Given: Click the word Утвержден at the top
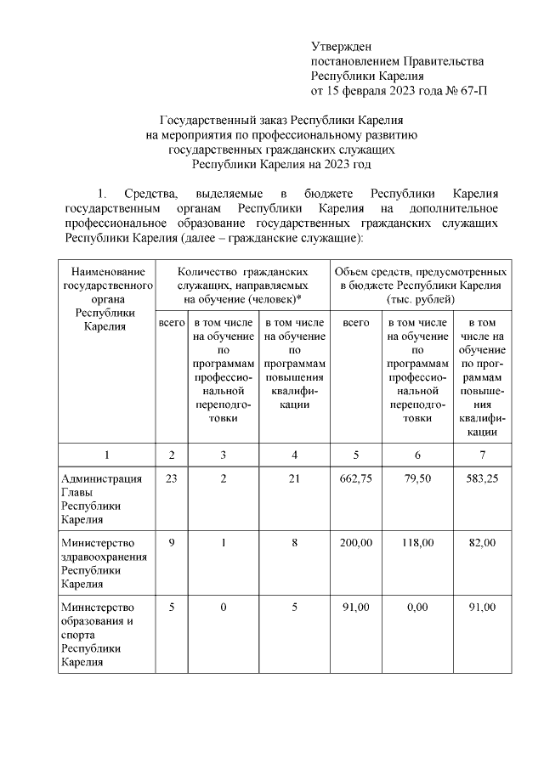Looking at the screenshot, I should coord(342,46).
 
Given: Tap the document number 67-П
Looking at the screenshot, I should coord(472,90).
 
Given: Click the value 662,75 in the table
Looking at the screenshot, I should coord(355,478).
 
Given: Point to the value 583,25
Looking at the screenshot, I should coord(483,478).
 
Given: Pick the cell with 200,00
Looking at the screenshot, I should coord(355,542).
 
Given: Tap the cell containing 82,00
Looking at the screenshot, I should coord(483,542).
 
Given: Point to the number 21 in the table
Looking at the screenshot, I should coord(294,478).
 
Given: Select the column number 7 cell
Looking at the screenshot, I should coord(483,455).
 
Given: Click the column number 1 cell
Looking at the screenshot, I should coord(105,455).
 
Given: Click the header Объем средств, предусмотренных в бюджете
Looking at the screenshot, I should coord(421,285).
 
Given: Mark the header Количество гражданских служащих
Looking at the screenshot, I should coord(243,285).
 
